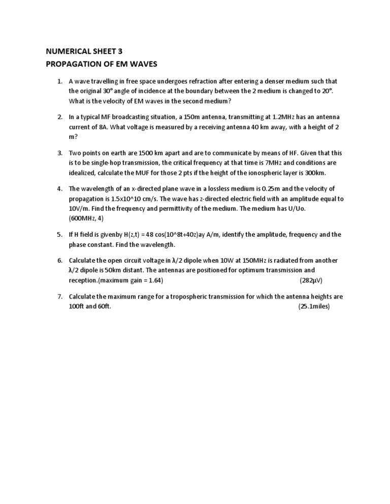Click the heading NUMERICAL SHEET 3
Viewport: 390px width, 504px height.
[84, 51]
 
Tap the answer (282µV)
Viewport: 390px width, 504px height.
[311, 280]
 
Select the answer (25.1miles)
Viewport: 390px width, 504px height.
[314, 307]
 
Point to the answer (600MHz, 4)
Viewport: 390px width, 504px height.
[86, 219]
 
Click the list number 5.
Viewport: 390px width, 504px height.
[59, 234]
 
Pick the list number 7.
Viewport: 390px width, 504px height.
[59, 296]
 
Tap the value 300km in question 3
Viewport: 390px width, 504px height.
[314, 173]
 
